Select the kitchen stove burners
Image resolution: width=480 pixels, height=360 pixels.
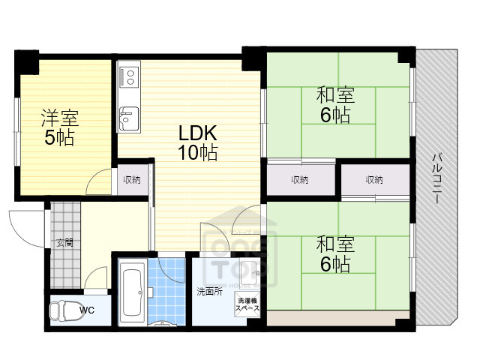pyautogui.click(x=130, y=76)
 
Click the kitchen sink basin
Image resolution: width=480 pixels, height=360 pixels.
pyautogui.click(x=129, y=118)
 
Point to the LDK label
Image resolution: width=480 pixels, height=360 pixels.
pyautogui.click(x=198, y=133)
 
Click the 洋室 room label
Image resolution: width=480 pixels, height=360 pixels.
pyautogui.click(x=60, y=118)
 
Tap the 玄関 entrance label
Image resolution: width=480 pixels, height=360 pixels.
pyautogui.click(x=65, y=243)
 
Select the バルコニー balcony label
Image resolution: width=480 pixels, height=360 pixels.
pyautogui.click(x=437, y=178)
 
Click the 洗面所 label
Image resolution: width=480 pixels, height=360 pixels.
pyautogui.click(x=210, y=292)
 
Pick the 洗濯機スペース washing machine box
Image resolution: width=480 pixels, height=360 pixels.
pyautogui.click(x=247, y=304)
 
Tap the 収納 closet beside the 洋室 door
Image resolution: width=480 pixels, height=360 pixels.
pyautogui.click(x=132, y=180)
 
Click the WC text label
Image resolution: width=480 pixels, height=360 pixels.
pyautogui.click(x=87, y=310)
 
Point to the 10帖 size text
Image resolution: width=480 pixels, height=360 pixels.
pyautogui.click(x=198, y=152)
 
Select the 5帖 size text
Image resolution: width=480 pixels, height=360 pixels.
pyautogui.click(x=60, y=138)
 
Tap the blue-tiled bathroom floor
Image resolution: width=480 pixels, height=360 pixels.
pyautogui.click(x=166, y=292)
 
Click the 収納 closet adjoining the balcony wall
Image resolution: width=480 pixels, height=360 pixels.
pyautogui.click(x=375, y=180)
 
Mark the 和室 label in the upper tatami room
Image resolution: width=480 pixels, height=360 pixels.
pyautogui.click(x=335, y=95)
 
